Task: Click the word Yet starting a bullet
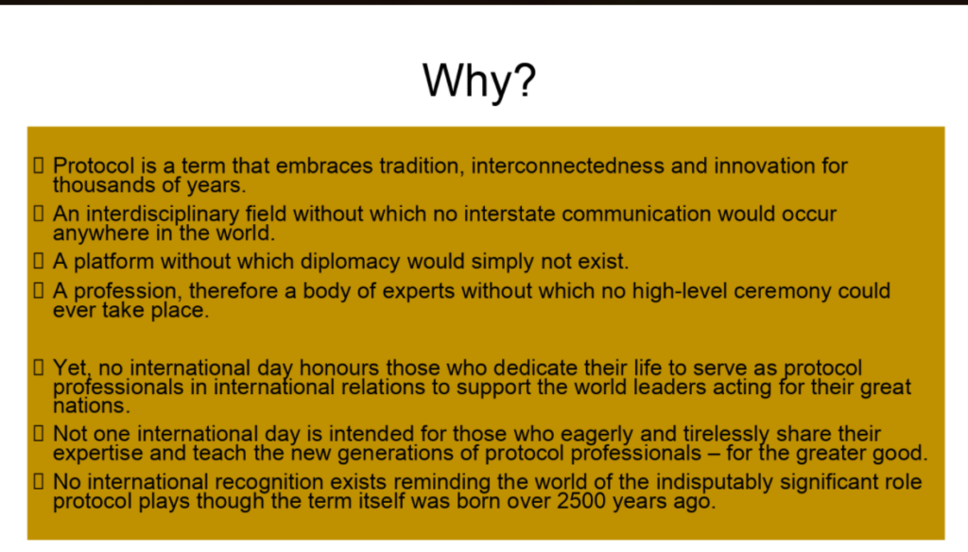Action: (69, 368)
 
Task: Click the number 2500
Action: (557, 502)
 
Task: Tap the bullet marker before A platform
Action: (39, 261)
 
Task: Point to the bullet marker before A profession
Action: (39, 291)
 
